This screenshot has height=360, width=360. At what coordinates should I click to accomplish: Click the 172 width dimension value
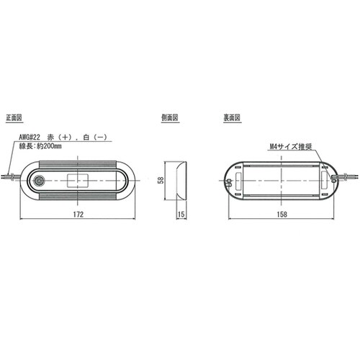78,215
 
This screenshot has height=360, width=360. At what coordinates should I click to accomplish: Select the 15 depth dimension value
181,215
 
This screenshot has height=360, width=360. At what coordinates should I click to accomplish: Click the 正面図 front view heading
16,117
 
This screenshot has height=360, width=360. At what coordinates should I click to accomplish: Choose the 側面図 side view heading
170,117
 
